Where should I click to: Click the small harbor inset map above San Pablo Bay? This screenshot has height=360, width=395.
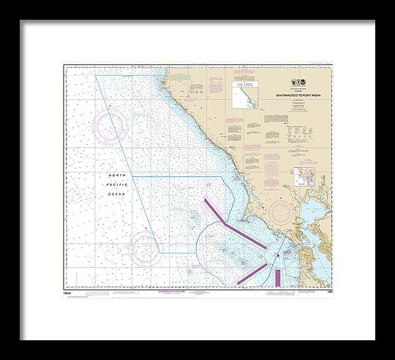click(x=305, y=178)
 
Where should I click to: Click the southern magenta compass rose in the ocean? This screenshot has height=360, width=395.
click(x=145, y=248)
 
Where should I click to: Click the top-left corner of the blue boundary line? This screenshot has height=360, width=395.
click(x=96, y=76)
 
